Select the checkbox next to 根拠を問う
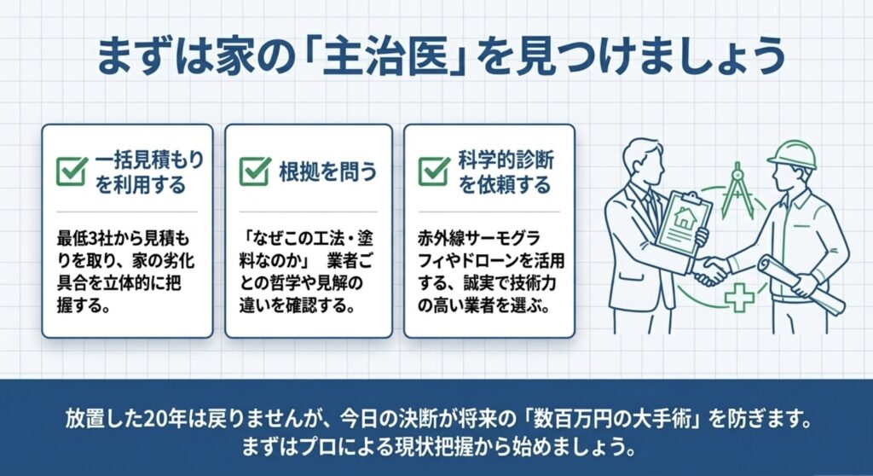[x=255, y=171]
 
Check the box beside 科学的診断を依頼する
[x=434, y=171]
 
